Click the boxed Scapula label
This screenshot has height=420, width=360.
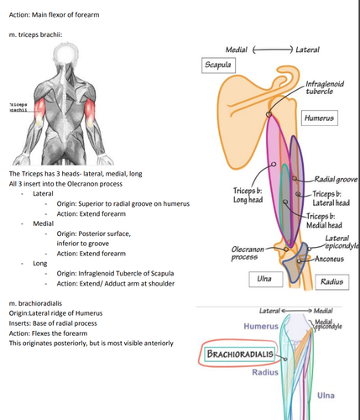click(x=218, y=66)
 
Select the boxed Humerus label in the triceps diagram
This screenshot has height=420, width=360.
click(x=320, y=118)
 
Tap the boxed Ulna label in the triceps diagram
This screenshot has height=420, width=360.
click(x=266, y=279)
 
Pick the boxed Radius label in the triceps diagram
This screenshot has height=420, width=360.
click(x=332, y=281)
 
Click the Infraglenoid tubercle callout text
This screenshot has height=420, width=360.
click(x=325, y=87)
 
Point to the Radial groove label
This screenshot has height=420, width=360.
click(x=336, y=179)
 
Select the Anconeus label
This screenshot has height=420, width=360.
click(x=329, y=259)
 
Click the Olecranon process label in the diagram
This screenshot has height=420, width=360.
click(x=248, y=253)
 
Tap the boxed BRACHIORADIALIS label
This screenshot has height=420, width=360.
click(x=240, y=354)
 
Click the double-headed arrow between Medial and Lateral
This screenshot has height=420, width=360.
click(x=273, y=50)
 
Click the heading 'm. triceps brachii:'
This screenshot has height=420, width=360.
click(x=35, y=34)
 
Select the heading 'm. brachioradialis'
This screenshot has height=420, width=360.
click(x=35, y=303)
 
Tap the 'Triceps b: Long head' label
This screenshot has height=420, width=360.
click(x=248, y=195)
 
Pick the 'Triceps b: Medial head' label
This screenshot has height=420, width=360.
click(x=324, y=221)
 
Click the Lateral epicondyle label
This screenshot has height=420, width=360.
click(x=342, y=242)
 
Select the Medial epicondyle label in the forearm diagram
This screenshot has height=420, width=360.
click(x=328, y=324)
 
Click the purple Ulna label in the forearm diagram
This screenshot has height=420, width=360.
click(x=326, y=396)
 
